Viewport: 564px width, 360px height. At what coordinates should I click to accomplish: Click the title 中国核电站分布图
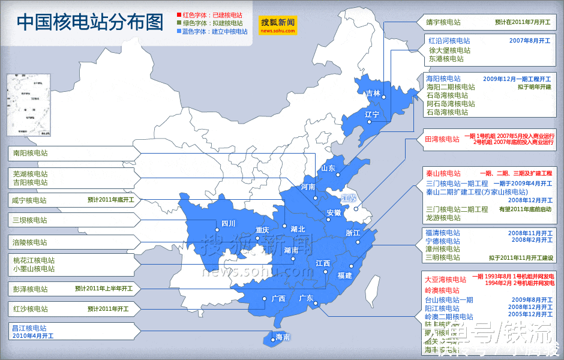pyautogui.click(x=90, y=22)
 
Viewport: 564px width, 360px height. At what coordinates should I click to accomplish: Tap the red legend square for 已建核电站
pyautogui.click(x=179, y=14)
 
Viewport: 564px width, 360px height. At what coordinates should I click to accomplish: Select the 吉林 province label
pyautogui.click(x=373, y=93)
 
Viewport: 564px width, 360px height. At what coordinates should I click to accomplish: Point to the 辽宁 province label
pyautogui.click(x=372, y=114)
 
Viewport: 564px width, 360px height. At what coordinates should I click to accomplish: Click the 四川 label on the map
pyautogui.click(x=228, y=223)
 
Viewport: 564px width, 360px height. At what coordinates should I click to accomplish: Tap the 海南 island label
pyautogui.click(x=282, y=337)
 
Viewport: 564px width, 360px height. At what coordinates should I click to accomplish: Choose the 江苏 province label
pyautogui.click(x=349, y=198)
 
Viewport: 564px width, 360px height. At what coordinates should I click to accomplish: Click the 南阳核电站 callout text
pyautogui.click(x=31, y=153)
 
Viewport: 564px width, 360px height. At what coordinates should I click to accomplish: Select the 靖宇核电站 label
pyautogui.click(x=443, y=22)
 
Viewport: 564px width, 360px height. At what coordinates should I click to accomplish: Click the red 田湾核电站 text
pyautogui.click(x=442, y=139)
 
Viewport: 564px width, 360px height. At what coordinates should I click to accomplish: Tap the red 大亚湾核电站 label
pyautogui.click(x=445, y=280)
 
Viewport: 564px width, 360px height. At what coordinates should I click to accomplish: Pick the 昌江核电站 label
pyautogui.click(x=30, y=328)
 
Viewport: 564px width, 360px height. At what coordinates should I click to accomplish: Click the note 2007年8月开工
pyautogui.click(x=529, y=41)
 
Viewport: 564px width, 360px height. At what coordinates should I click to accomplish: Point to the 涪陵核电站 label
pyautogui.click(x=31, y=242)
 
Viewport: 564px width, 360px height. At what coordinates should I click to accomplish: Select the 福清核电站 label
pyautogui.click(x=443, y=233)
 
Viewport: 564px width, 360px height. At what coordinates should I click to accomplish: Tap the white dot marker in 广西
pyautogui.click(x=264, y=298)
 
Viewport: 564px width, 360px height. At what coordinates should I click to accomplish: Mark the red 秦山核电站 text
pyautogui.click(x=443, y=173)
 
